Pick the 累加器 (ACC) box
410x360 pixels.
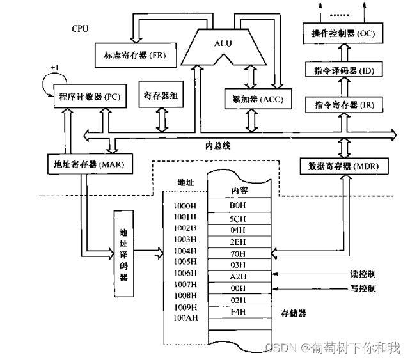point(254,99)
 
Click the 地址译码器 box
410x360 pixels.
point(124,254)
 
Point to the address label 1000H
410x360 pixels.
point(185,207)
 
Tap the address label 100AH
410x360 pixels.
point(185,318)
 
